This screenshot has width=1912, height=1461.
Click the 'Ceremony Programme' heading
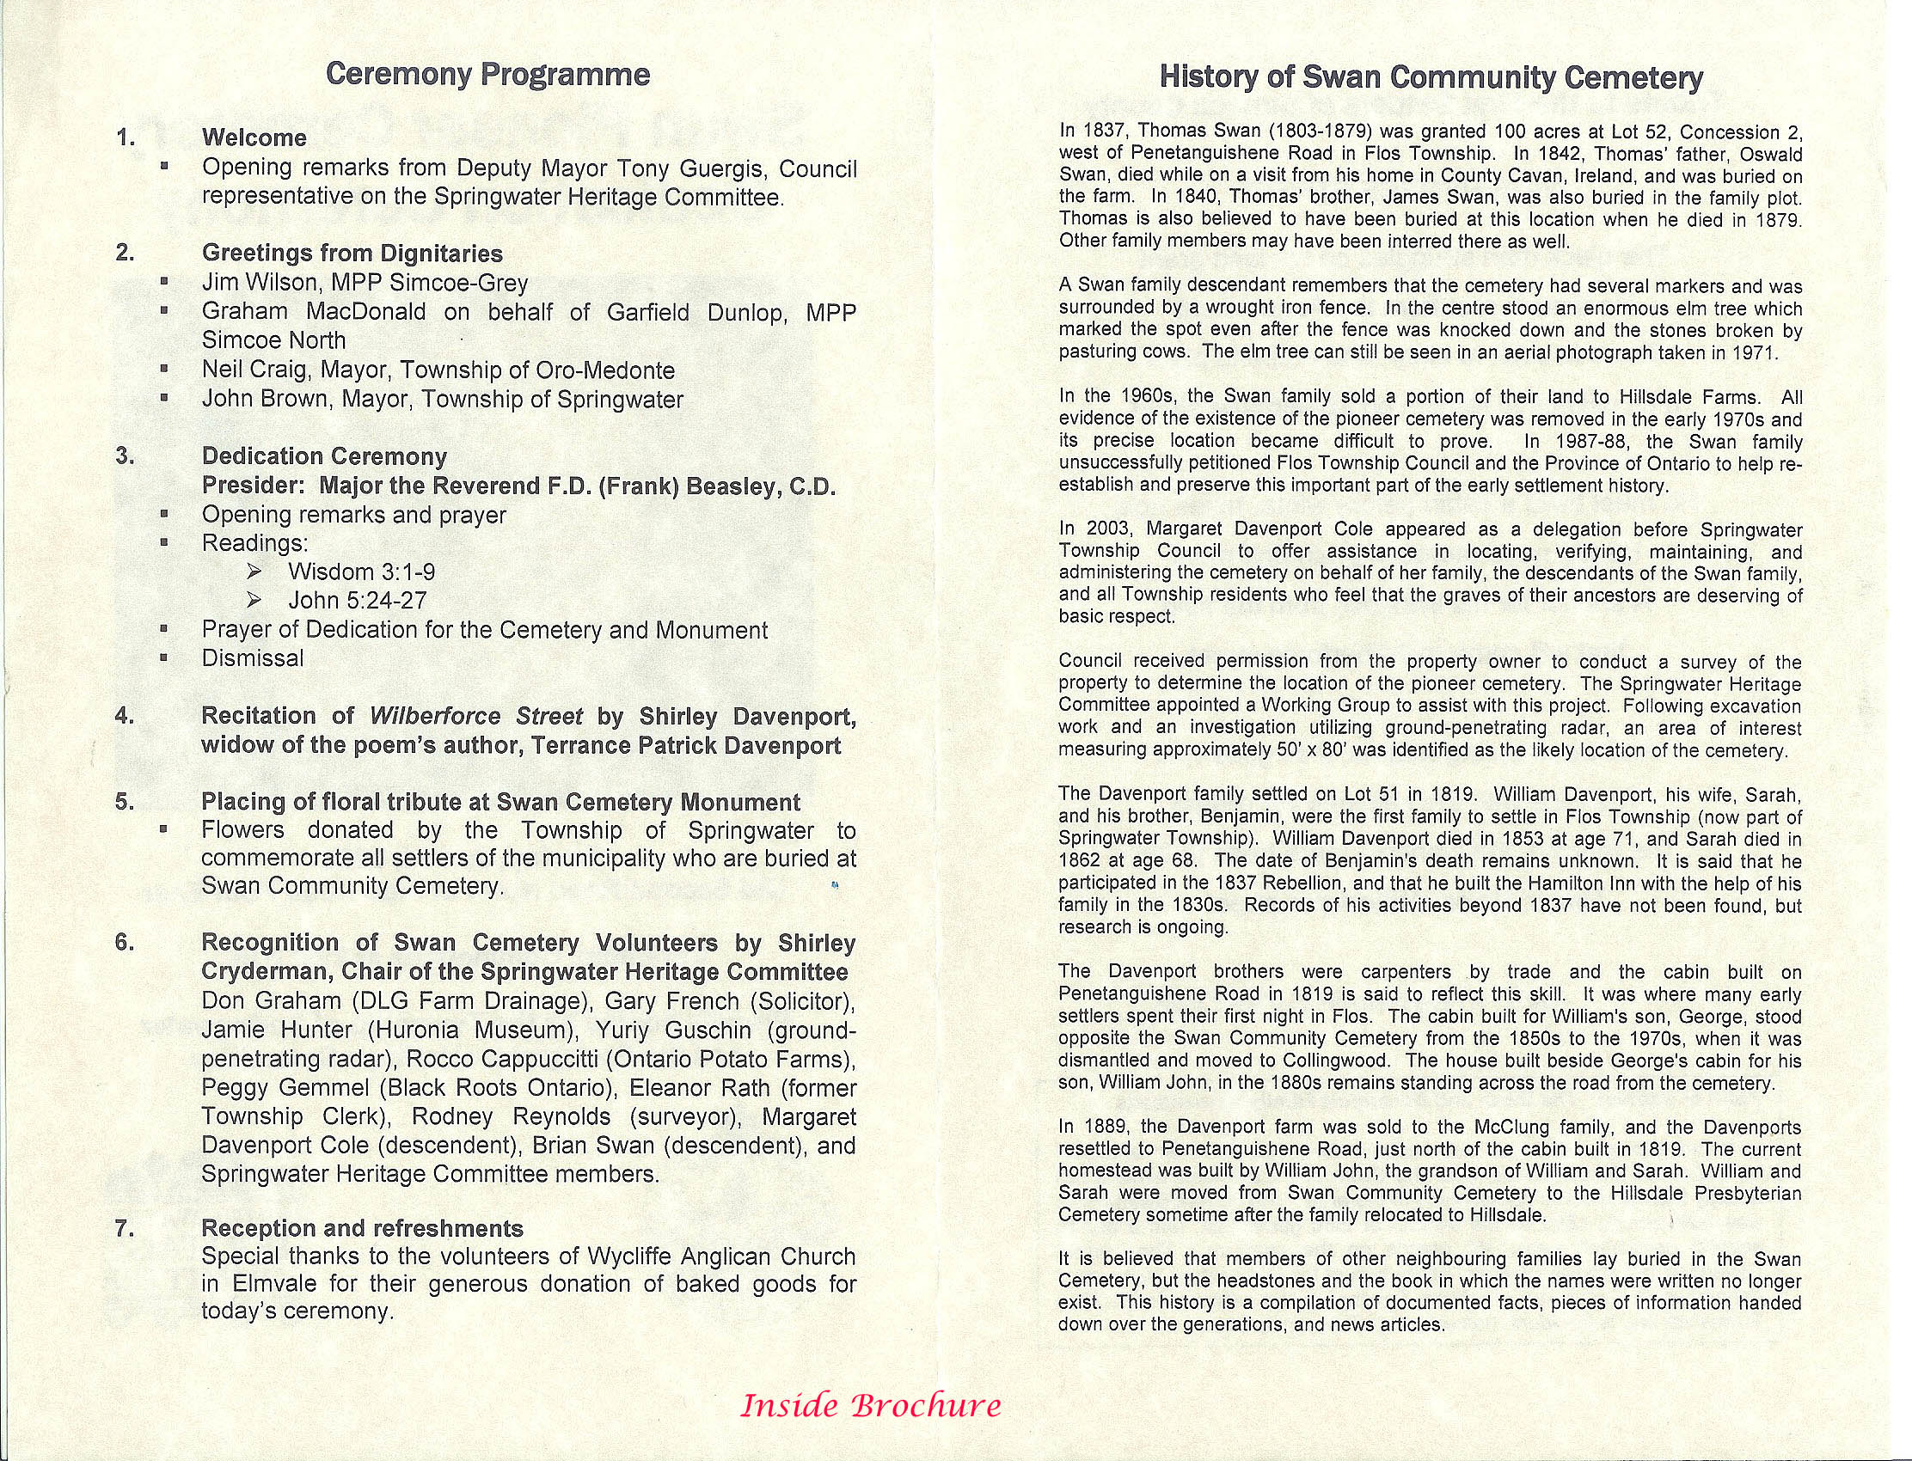487,75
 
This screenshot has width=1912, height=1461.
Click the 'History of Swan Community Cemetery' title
1431,77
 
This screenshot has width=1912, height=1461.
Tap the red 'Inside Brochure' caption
870,1405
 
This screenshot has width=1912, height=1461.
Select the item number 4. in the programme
125,716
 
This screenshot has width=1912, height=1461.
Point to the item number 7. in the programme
125,1228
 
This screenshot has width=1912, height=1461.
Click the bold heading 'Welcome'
254,138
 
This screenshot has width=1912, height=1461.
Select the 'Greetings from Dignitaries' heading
352,253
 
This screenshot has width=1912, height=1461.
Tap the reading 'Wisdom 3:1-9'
362,572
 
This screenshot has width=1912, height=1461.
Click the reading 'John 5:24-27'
358,601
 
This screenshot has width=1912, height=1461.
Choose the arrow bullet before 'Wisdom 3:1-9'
254,572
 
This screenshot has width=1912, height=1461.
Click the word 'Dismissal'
252,658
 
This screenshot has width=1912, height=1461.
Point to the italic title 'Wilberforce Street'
475,716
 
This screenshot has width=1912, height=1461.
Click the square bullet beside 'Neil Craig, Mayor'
163,370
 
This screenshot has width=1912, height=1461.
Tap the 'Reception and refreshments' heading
362,1228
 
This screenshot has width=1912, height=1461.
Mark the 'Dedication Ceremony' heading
324,455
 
